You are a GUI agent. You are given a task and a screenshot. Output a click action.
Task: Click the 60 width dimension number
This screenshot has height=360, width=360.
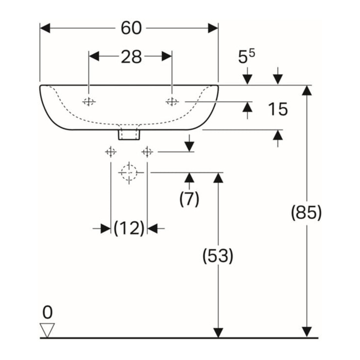(x=131, y=28)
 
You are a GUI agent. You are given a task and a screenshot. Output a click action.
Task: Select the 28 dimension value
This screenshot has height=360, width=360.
(x=131, y=57)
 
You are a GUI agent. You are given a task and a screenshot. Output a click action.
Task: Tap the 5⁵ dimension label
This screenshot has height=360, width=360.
(x=246, y=57)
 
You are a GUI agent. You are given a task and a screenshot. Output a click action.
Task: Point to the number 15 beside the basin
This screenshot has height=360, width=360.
(x=278, y=109)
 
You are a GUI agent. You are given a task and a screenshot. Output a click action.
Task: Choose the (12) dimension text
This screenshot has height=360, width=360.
(x=129, y=228)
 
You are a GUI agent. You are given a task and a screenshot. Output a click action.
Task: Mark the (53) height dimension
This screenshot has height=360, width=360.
(x=218, y=256)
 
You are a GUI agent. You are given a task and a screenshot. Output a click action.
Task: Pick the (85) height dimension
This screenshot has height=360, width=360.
(x=307, y=212)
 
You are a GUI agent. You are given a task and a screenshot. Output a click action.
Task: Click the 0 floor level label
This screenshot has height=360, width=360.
(x=47, y=312)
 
